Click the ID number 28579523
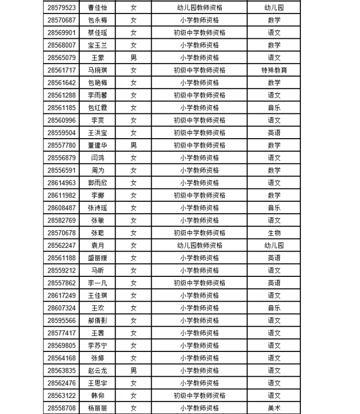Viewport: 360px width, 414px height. pyautogui.click(x=62, y=8)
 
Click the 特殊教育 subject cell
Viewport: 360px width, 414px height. pyautogui.click(x=274, y=70)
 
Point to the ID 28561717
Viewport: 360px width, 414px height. pyautogui.click(x=62, y=70)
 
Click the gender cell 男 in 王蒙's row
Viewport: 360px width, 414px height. pyautogui.click(x=134, y=57)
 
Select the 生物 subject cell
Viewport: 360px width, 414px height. pyautogui.click(x=274, y=233)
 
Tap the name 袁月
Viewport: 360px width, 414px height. pyautogui.click(x=98, y=245)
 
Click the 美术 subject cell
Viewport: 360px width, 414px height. pyautogui.click(x=274, y=408)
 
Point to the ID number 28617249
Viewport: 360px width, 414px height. pyautogui.click(x=62, y=295)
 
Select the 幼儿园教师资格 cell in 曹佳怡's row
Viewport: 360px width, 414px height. pyautogui.click(x=199, y=8)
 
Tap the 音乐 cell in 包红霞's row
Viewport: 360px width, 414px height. pyautogui.click(x=274, y=108)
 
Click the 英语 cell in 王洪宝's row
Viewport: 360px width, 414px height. pyautogui.click(x=274, y=132)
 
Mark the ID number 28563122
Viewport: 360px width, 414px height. pyautogui.click(x=62, y=395)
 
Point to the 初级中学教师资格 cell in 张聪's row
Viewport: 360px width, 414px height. pyautogui.click(x=199, y=233)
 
